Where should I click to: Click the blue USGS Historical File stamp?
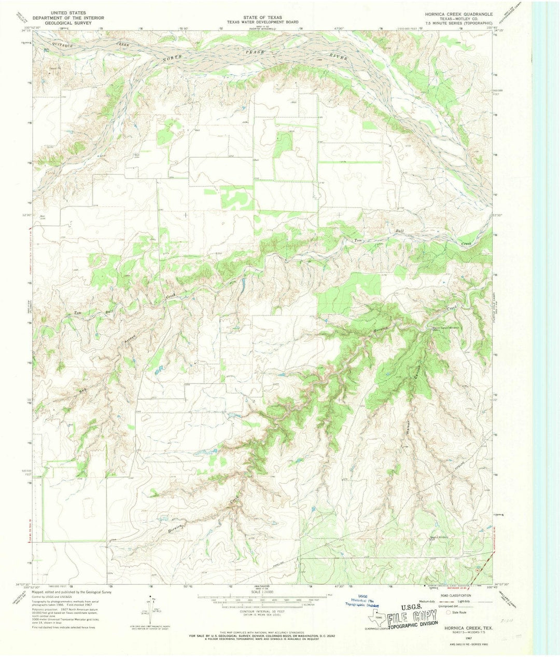click(x=361, y=601)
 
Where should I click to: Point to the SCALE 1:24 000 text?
click(x=260, y=593)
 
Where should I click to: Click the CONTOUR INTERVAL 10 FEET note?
click(x=260, y=612)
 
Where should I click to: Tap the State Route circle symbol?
click(x=449, y=612)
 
